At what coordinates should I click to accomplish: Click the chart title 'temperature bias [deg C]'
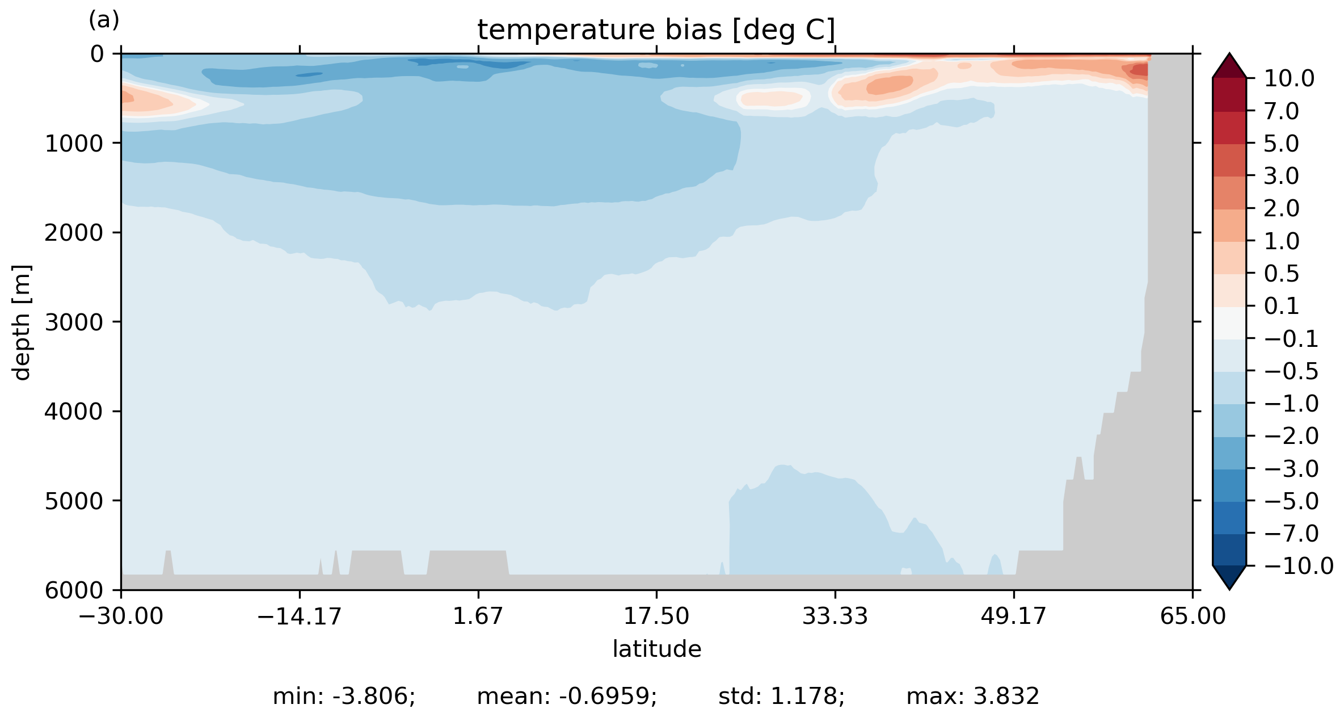656,30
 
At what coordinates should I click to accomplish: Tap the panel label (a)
104,20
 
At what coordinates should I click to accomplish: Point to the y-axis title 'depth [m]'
22,322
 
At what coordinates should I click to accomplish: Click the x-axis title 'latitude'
656,649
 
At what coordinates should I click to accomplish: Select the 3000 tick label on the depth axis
74,322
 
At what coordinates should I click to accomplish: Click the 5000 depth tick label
74,501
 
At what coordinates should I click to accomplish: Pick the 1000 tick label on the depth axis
74,144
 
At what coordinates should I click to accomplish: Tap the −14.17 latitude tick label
299,616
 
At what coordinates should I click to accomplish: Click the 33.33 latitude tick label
835,616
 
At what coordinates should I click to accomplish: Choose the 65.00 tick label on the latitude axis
1192,616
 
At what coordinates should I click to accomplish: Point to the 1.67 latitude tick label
478,616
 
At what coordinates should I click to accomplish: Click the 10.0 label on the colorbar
1289,78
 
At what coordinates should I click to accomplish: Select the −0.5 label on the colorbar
1291,371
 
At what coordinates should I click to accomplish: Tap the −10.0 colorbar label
1299,566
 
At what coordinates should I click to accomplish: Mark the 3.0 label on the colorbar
1281,176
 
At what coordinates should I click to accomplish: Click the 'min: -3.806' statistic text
344,697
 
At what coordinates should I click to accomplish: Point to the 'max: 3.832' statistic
972,697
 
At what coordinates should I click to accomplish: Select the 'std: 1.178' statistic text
781,697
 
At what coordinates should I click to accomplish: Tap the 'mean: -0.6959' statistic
566,697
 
